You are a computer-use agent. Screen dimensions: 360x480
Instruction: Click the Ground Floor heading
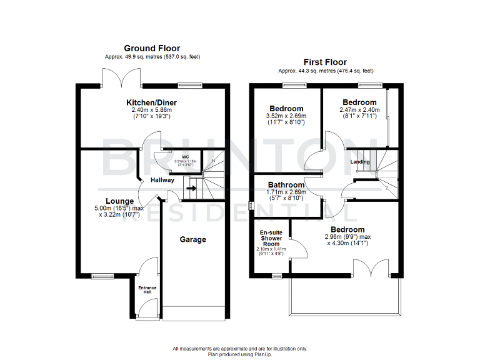152,48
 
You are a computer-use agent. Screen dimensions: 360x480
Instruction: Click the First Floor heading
325,62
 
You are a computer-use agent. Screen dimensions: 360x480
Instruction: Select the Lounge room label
119,201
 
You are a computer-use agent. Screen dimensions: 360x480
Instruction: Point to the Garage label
192,239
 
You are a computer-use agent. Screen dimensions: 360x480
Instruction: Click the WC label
186,157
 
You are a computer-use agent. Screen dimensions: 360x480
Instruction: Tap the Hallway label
162,179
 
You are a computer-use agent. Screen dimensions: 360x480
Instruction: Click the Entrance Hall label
147,290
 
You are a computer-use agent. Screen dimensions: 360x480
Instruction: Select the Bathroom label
286,185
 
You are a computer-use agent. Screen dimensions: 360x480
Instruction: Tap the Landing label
360,162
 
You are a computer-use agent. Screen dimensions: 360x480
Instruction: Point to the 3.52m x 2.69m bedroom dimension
286,116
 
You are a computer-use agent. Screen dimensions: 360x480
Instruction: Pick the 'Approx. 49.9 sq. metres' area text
152,57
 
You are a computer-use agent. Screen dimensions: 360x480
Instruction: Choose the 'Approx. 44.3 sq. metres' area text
325,71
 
